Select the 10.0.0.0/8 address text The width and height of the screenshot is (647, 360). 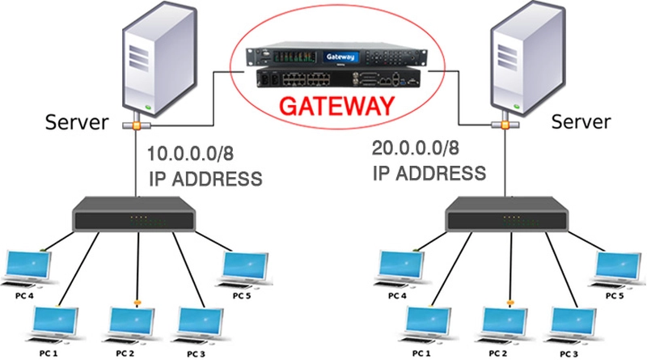198,154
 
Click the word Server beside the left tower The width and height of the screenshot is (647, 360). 78,123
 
